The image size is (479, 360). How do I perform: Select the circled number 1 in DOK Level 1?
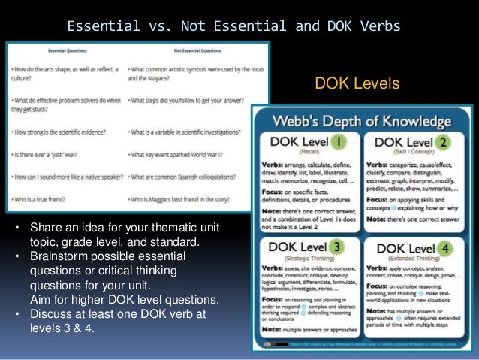336,142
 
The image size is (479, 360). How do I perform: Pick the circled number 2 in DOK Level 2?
445,142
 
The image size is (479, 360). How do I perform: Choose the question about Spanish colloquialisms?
185,180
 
